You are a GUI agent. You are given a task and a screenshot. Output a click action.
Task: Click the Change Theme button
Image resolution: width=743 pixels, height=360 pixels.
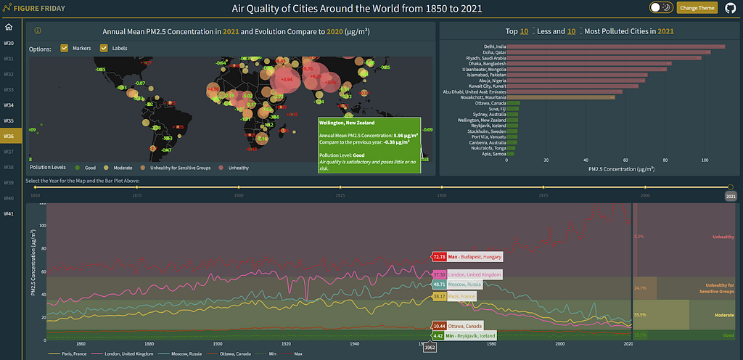(697, 8)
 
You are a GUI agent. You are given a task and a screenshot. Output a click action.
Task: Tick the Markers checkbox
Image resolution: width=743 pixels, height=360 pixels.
(65, 49)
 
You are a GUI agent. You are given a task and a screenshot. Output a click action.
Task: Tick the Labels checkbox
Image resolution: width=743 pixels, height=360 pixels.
(104, 49)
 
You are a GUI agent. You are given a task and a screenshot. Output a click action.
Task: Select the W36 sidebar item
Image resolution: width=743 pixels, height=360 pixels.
(9, 136)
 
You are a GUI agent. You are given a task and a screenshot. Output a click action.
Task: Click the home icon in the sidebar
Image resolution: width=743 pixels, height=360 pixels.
(9, 28)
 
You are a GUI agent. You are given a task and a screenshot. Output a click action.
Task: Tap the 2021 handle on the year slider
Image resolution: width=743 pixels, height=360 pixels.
(731, 187)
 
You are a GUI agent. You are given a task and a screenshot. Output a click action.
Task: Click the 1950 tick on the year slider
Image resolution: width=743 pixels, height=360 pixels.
(441, 187)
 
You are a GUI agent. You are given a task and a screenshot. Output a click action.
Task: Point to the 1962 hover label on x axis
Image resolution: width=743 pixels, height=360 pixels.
(430, 348)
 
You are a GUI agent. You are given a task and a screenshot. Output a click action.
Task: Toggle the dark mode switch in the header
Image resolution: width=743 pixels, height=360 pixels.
(660, 8)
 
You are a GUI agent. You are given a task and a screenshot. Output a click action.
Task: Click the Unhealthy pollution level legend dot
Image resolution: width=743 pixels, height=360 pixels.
(223, 167)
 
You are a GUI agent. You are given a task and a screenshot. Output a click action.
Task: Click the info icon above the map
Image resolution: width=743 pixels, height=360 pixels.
(38, 31)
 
